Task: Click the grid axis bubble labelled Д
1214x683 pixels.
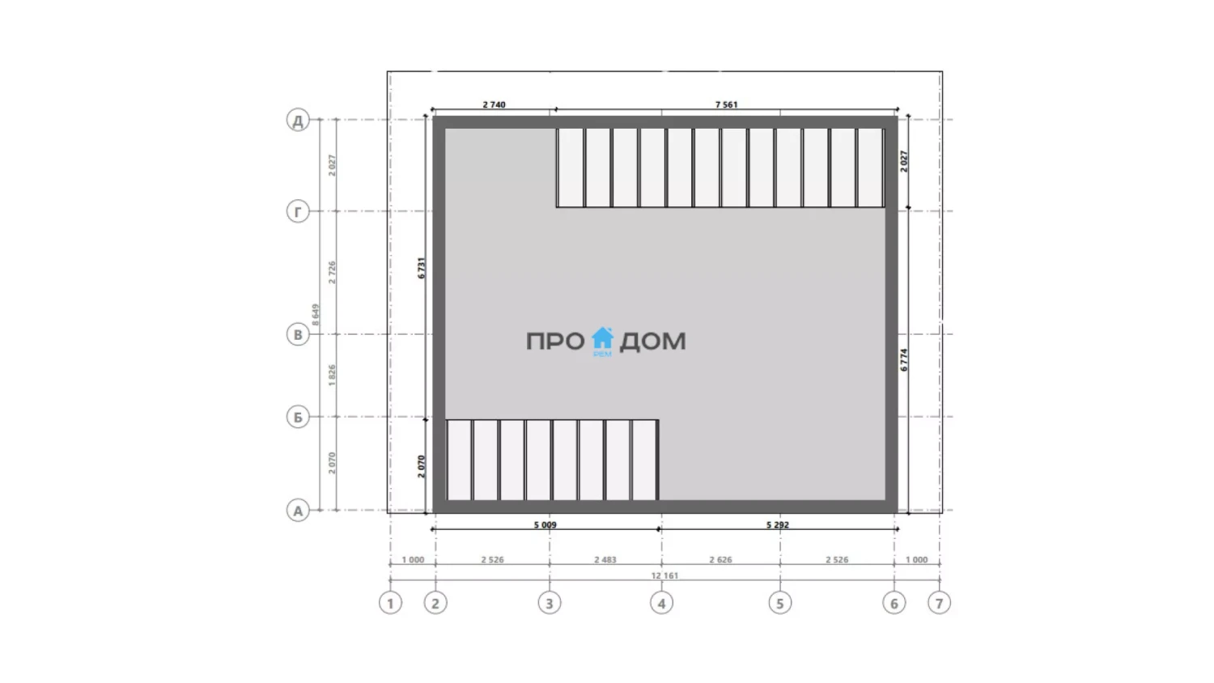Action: [x=298, y=120]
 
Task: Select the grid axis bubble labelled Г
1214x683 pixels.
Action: [x=298, y=211]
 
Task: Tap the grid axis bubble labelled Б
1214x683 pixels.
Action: [x=298, y=417]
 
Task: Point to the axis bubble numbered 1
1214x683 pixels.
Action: [x=390, y=603]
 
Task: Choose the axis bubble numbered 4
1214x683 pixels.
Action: [x=661, y=603]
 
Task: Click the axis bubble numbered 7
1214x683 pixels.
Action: [x=939, y=603]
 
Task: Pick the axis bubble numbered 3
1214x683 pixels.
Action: [x=549, y=603]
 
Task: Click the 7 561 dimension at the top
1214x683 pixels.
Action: [x=726, y=104]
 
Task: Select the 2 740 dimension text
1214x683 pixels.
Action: [x=494, y=104]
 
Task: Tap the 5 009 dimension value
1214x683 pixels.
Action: [x=545, y=524]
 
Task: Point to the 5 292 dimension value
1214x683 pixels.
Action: [x=778, y=524]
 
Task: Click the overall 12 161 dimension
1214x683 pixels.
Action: [x=664, y=575]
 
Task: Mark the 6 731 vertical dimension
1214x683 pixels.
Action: [x=422, y=268]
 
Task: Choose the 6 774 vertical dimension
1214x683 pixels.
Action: [x=903, y=359]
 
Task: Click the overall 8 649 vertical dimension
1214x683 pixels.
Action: [x=316, y=315]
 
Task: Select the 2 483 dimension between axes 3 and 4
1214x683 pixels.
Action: [x=605, y=559]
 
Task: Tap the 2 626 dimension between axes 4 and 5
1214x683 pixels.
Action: [x=720, y=559]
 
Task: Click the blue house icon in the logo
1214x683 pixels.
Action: [x=602, y=339]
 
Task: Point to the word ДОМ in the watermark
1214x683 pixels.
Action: [x=652, y=341]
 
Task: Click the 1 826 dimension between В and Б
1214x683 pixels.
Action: [x=332, y=375]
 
